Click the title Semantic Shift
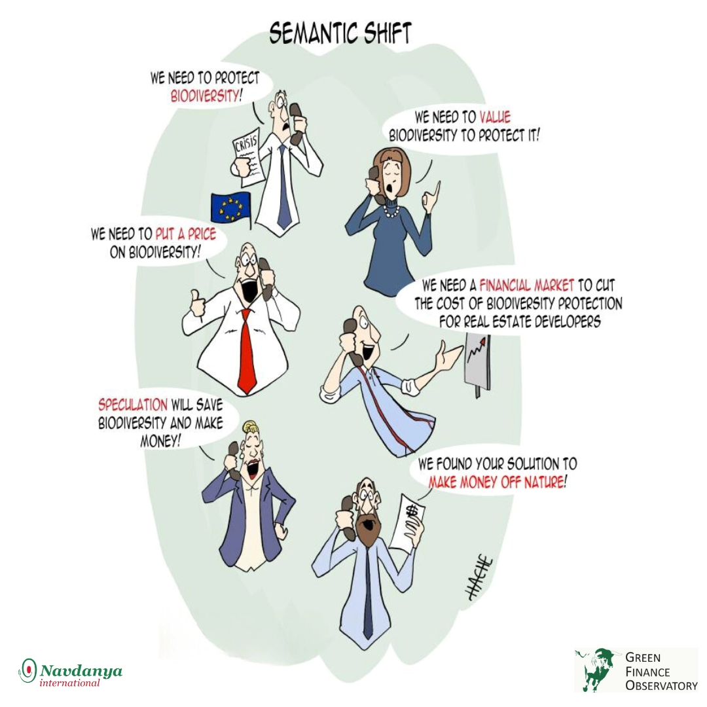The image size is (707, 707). point(340,33)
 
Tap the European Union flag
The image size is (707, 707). point(231,208)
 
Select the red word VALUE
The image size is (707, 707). point(495,117)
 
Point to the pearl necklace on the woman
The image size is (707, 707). point(391,209)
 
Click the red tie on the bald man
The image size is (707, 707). point(246,351)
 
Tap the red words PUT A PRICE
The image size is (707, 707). point(186,234)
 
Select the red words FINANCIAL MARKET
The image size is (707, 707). point(526,285)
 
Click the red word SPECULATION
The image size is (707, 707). point(133,405)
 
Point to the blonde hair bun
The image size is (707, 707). point(250,426)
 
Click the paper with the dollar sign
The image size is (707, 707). point(407,523)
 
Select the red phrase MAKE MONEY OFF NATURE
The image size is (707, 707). point(496,482)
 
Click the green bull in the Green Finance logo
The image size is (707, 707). point(595,669)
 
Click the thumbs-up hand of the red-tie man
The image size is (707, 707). point(197,303)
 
